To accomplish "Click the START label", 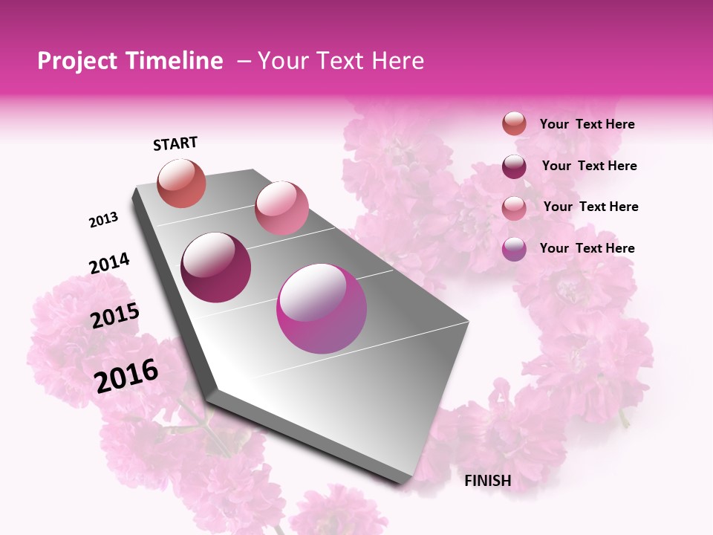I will pos(175,143).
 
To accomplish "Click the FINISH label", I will pos(487,481).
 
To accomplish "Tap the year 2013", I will pos(103,220).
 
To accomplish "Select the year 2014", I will pos(109,264).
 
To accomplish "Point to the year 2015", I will pos(114,316).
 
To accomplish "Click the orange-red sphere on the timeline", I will pos(181,183).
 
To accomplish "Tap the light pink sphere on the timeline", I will pos(281,208).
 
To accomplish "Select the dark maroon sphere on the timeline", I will pos(215,267).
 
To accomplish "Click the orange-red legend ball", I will pos(514,124).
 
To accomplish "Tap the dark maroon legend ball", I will pos(514,166).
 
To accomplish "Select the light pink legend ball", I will pos(514,207).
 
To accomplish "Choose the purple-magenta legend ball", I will pos(514,249).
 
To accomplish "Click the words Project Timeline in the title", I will pos(130,61).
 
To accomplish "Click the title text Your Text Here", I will pos(341,61).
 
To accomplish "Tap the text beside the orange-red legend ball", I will pos(587,125).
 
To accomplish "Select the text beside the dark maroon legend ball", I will pos(589,166).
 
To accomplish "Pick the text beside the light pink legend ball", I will pos(590,207).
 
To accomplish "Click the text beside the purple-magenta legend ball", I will pos(587,248).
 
